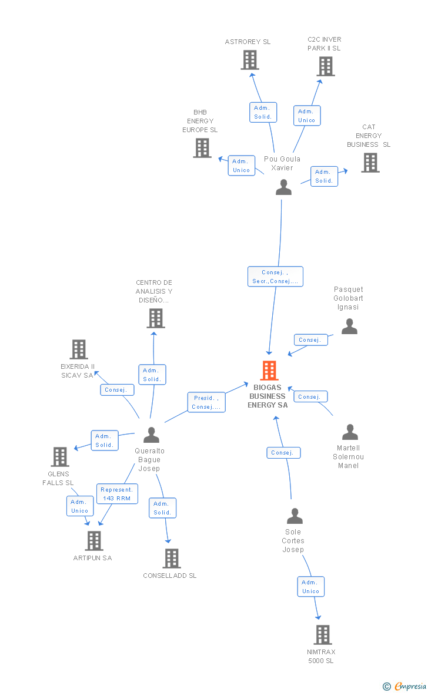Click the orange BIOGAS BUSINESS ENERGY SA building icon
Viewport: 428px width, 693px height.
point(269,371)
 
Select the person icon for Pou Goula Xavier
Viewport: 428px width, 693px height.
point(283,187)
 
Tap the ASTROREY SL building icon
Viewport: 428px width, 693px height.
point(250,60)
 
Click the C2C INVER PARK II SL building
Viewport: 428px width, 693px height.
point(326,66)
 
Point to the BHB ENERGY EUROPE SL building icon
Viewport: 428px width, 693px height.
point(202,148)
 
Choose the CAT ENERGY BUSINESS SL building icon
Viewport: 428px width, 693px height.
point(370,163)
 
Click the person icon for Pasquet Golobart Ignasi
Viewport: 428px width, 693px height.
point(349,327)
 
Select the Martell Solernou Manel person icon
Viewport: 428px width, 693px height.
point(350,432)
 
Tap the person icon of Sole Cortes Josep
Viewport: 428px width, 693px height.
point(294,516)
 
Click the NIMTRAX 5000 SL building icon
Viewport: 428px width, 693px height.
point(322,635)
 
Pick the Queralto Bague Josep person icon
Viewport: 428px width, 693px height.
point(152,435)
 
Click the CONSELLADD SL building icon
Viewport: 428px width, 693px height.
point(172,559)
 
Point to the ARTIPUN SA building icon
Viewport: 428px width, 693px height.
point(94,541)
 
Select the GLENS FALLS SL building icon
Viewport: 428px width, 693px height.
point(60,457)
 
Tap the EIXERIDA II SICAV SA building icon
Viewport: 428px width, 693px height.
point(79,349)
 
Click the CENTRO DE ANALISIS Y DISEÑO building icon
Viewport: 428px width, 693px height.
point(155,318)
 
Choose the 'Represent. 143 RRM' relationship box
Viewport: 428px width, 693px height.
point(117,494)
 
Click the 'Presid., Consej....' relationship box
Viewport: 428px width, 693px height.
point(206,402)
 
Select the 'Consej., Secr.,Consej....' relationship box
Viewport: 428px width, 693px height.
point(275,277)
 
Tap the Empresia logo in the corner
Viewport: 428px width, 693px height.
point(405,686)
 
